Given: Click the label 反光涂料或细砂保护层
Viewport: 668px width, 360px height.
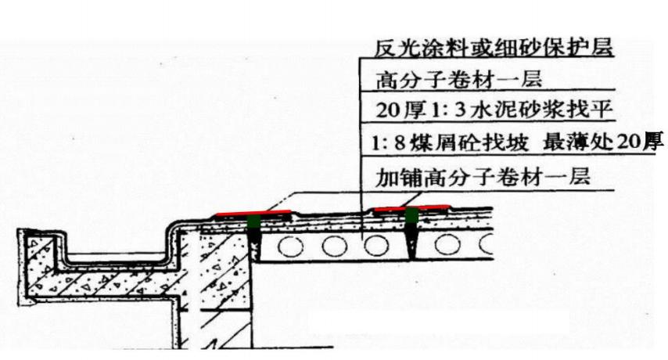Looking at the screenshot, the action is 494,47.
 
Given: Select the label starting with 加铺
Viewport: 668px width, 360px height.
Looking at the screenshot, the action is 483,177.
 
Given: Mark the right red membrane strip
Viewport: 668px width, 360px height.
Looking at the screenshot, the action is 411,208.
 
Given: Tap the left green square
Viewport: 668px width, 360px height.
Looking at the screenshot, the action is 254,222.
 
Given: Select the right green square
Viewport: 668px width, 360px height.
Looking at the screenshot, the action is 411,215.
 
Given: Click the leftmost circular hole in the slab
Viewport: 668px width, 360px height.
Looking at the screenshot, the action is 290,247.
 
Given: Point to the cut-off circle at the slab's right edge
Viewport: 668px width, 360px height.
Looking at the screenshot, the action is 486,244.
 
